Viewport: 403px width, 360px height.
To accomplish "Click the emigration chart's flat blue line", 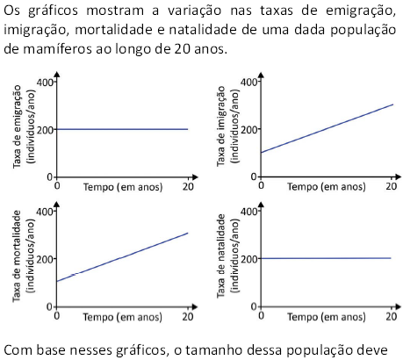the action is pos(122,129).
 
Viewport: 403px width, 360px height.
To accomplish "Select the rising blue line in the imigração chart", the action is pos(327,128).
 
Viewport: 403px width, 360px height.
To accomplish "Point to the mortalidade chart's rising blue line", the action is pos(122,257).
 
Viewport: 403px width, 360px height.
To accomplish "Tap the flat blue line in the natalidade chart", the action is pos(326,258).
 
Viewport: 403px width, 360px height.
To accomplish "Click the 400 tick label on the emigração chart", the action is pos(45,83).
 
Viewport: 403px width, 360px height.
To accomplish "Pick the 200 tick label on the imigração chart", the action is pos(248,129).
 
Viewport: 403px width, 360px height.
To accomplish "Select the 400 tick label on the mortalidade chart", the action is pos(45,212).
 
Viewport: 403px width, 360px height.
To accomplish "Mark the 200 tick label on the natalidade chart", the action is pos(248,259).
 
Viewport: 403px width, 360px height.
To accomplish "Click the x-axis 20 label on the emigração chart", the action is pos(188,186).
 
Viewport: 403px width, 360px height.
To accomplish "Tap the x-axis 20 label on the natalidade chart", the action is pos(392,316).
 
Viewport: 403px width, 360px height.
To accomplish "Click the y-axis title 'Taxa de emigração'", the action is pos(18,126).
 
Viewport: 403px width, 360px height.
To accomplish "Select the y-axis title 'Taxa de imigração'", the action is pos(221,126).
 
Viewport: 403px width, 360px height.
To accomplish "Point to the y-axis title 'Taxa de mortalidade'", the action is pos(17,256).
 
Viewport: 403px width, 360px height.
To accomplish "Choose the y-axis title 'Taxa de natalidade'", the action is pos(221,256).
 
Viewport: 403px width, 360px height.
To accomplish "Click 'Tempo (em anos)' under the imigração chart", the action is pos(327,187).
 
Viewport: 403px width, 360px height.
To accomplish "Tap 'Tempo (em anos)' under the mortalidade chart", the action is pos(122,317).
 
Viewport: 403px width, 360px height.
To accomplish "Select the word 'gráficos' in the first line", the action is pos(53,11).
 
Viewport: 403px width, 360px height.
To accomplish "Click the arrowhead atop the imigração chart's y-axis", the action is pos(261,75).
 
